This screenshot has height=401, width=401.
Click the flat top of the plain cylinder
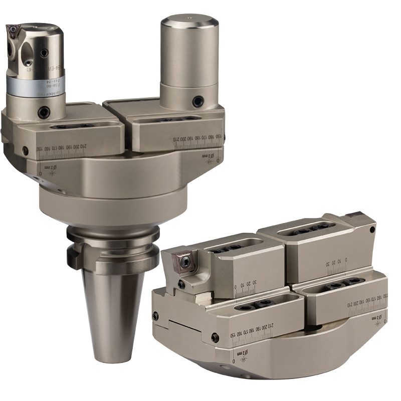pyautogui.click(x=189, y=23)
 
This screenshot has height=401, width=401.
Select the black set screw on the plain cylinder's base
pyautogui.click(x=198, y=101)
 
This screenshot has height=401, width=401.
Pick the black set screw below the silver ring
pyautogui.click(x=44, y=112)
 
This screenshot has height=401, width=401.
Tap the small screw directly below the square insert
pyautogui.click(x=181, y=284)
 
